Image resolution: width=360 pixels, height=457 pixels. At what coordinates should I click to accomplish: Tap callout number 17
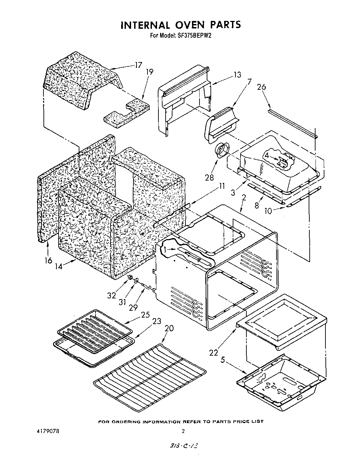(139, 65)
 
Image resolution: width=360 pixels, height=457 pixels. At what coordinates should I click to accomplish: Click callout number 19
(150, 72)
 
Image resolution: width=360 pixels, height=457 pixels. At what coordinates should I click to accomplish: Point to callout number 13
(237, 75)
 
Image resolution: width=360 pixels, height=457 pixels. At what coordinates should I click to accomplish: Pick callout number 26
(261, 87)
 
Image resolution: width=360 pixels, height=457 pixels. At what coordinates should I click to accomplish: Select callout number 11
(222, 186)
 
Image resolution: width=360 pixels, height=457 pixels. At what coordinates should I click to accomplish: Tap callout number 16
(48, 260)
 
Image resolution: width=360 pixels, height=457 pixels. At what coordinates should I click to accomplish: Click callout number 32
(112, 295)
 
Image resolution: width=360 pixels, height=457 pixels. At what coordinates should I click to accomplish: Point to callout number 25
(145, 314)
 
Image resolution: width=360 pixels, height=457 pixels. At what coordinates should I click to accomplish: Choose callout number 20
(169, 328)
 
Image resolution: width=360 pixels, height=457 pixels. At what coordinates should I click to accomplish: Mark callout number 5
(223, 360)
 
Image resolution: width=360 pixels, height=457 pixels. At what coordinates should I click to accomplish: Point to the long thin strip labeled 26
(293, 123)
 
